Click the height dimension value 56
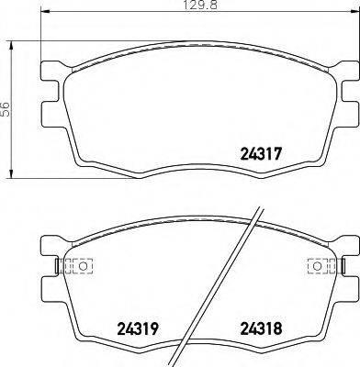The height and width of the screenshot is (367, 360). click(6, 108)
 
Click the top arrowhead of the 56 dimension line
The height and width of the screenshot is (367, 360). click(11, 43)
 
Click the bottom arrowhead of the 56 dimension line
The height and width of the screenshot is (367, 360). click(11, 173)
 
